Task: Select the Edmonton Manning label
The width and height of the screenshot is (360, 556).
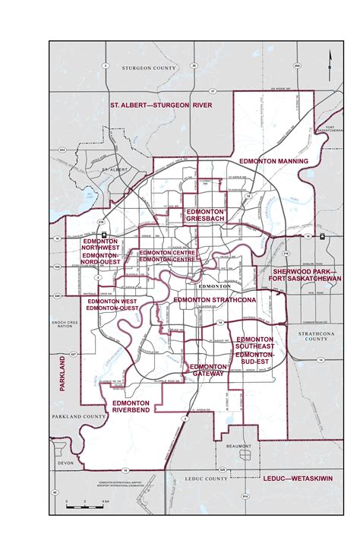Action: (273, 162)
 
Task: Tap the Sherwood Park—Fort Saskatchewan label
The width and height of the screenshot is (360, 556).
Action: (307, 274)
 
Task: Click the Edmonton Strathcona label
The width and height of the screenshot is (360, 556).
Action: (216, 300)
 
